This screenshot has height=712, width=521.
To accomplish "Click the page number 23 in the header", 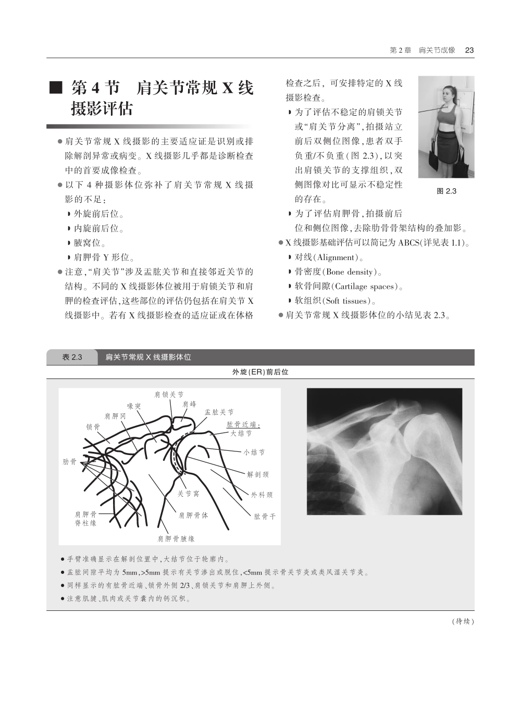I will coord(469,50).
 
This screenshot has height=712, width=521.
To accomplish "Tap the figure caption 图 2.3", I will coord(446,191).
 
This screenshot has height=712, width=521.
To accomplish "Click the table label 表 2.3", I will coord(72,357).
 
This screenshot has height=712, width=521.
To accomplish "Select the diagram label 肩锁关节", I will coord(169,395).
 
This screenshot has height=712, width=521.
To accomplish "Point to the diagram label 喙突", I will coord(134,406).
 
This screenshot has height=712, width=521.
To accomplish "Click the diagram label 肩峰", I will coord(190,404).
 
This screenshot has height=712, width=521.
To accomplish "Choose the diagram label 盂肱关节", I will coord(219,412).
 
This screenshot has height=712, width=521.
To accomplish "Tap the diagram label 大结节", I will coord(241,434).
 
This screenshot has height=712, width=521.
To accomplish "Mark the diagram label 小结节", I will coord(254,452).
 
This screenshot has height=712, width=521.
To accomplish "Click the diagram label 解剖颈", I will coord(258,474).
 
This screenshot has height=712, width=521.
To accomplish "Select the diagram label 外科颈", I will coord(262,495).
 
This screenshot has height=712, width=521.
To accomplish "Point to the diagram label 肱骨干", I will coord(265,517).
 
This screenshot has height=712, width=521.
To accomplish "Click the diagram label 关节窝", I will coord(188,494).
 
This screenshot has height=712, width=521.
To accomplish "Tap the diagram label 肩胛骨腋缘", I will coord(176,539).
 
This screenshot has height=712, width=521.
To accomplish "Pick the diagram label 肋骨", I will coord(70,462).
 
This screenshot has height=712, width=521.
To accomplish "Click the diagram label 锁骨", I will coord(93,427).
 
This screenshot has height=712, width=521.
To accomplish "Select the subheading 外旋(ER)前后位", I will coord(260,372).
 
